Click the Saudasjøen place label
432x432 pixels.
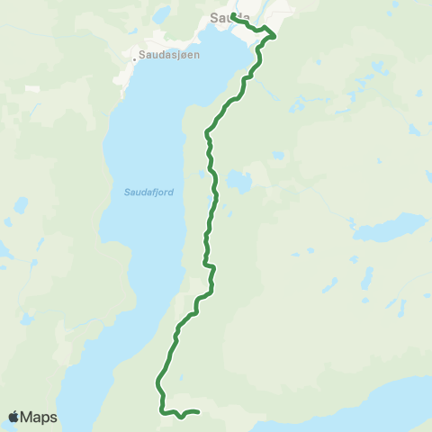coord(169,55)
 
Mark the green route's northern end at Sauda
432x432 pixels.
coord(232,16)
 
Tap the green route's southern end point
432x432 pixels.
coord(196,413)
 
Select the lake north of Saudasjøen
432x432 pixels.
coord(162,14)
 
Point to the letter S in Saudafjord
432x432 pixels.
coord(125,191)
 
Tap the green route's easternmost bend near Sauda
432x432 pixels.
coord(273,36)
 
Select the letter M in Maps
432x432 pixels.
coord(27,417)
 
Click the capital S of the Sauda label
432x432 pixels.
coord(212,15)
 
